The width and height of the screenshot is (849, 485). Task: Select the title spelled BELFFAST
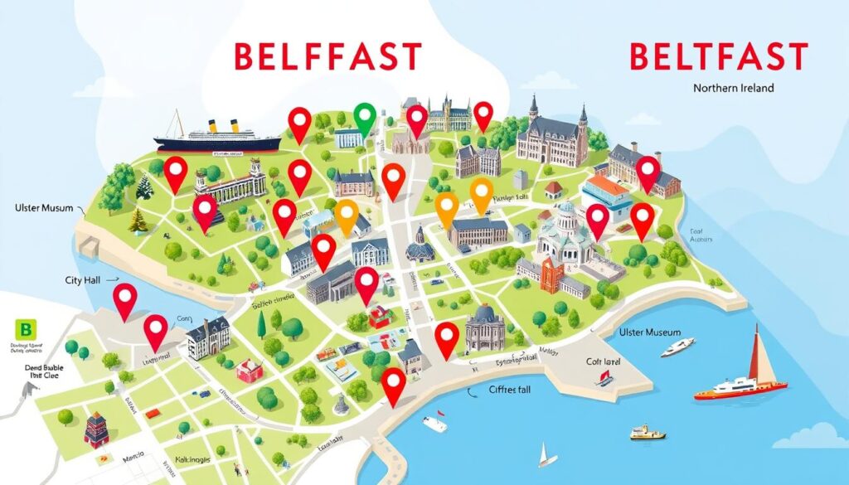click(x=327, y=57)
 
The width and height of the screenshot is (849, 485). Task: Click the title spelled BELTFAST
click(x=718, y=57)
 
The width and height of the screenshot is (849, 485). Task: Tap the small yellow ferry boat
click(x=648, y=432)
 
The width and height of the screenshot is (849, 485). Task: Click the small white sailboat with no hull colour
click(x=545, y=455)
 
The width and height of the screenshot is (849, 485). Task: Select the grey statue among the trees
click(x=341, y=405)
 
